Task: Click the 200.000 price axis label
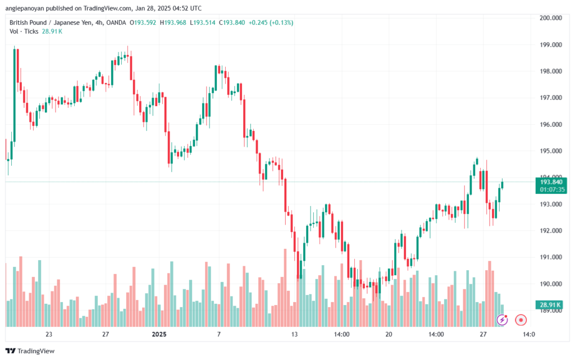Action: click(x=550, y=17)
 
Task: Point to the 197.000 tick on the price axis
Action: click(x=550, y=98)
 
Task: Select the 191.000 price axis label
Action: click(x=550, y=257)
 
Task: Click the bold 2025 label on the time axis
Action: click(x=159, y=334)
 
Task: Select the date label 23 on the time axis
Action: click(x=49, y=334)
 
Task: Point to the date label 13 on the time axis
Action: click(x=294, y=334)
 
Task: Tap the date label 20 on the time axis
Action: click(x=389, y=334)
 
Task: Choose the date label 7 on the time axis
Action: click(x=219, y=334)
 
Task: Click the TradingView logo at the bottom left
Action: click(x=30, y=351)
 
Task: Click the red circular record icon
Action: click(x=521, y=320)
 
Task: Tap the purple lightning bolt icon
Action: click(x=502, y=320)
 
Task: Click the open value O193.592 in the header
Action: click(x=143, y=22)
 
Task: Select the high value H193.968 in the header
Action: click(x=173, y=22)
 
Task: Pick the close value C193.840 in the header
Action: click(x=232, y=22)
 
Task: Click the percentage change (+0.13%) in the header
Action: click(x=281, y=22)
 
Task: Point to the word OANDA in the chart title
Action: click(x=116, y=22)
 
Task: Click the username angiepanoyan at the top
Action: click(x=25, y=8)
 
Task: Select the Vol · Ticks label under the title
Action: click(x=24, y=31)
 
